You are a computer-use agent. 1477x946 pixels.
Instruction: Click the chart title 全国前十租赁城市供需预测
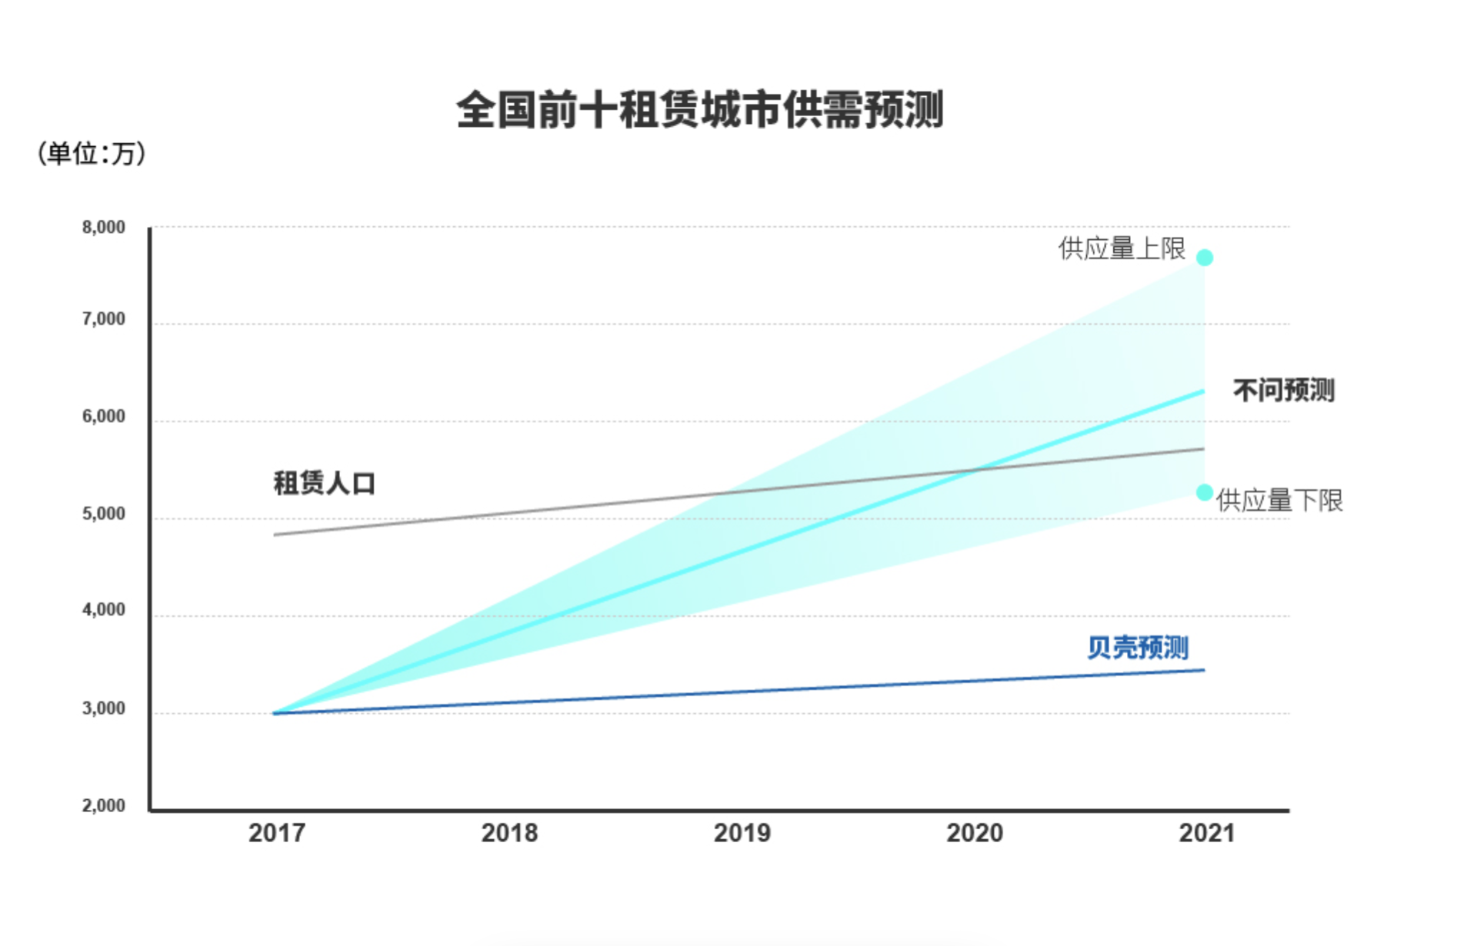[699, 110]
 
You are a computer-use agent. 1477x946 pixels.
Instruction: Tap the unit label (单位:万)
[91, 154]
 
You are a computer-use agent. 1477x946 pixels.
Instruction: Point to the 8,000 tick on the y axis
[103, 228]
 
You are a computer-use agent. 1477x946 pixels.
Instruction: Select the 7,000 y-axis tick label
[103, 319]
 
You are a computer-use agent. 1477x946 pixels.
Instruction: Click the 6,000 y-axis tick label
[103, 417]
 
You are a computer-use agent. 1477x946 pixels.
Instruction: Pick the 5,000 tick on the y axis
[103, 514]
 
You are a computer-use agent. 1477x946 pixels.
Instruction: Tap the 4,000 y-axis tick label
[103, 611]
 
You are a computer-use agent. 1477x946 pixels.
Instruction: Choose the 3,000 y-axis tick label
[103, 708]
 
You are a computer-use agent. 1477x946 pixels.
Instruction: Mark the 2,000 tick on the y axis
[103, 806]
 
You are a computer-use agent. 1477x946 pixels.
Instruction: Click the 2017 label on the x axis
[277, 833]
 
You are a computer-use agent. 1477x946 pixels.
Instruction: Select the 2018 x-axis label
[509, 833]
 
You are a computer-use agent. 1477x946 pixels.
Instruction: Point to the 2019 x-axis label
[742, 833]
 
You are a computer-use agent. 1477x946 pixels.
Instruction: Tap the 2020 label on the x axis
[975, 833]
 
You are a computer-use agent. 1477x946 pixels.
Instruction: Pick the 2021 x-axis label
[1206, 833]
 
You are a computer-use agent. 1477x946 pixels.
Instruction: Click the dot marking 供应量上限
[1205, 258]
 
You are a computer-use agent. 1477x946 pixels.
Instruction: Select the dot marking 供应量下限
[1205, 492]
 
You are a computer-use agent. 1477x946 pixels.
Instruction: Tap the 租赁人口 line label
[324, 484]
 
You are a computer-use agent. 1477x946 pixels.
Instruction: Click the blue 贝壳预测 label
[1138, 648]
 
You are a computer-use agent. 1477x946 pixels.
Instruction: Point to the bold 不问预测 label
[1283, 391]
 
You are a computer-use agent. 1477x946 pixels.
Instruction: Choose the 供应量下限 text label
[1279, 501]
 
